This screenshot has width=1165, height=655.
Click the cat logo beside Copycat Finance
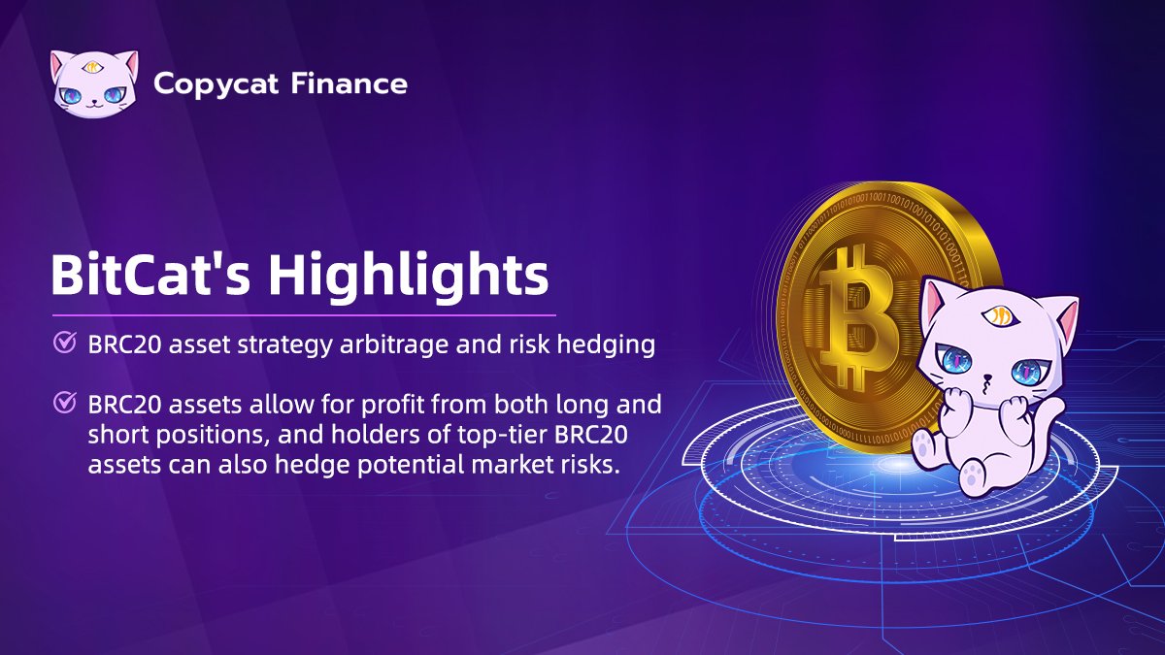(92, 83)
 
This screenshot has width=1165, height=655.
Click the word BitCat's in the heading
(151, 276)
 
